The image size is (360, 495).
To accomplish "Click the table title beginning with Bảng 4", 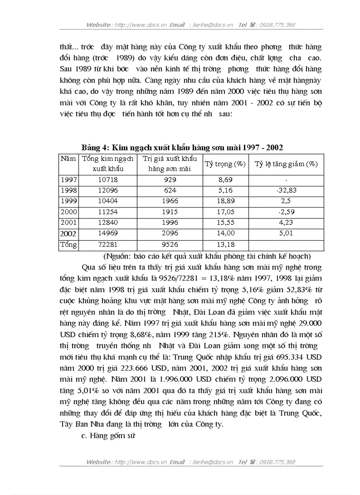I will (x=182, y=147).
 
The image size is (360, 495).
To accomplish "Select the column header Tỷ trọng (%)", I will (x=225, y=164).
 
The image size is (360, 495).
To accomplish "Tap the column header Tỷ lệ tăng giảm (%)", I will (x=286, y=164).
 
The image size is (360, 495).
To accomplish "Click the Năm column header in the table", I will (x=68, y=159).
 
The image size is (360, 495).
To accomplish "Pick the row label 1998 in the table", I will (x=68, y=190).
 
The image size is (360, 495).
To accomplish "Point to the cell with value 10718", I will (x=108, y=180).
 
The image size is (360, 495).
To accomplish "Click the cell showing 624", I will (x=169, y=190).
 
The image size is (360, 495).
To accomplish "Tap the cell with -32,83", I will (x=286, y=190).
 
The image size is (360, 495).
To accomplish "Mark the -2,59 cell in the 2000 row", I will (x=286, y=212).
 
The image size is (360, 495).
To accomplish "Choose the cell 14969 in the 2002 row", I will (x=108, y=233).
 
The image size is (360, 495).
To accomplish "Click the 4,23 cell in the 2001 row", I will (x=286, y=222).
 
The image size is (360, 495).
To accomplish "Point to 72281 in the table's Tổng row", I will (x=108, y=244).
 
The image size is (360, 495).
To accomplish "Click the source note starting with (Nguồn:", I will (x=207, y=256).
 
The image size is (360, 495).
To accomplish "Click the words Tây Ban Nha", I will (x=79, y=424).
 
